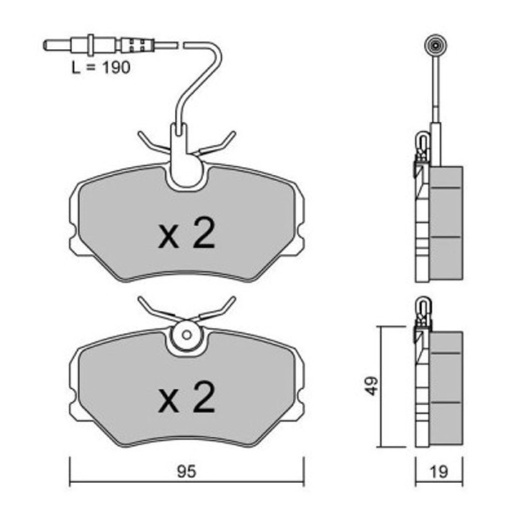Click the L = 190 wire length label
pyautogui.click(x=101, y=67)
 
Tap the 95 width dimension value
pyautogui.click(x=186, y=472)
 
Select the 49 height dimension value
pyautogui.click(x=372, y=386)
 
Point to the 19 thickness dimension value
pyautogui.click(x=438, y=472)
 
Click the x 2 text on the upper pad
pyautogui.click(x=186, y=233)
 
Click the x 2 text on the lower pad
pyautogui.click(x=186, y=397)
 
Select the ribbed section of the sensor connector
pyautogui.click(x=137, y=45)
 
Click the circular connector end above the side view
pyautogui.click(x=436, y=46)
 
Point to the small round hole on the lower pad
pyautogui.click(x=187, y=335)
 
